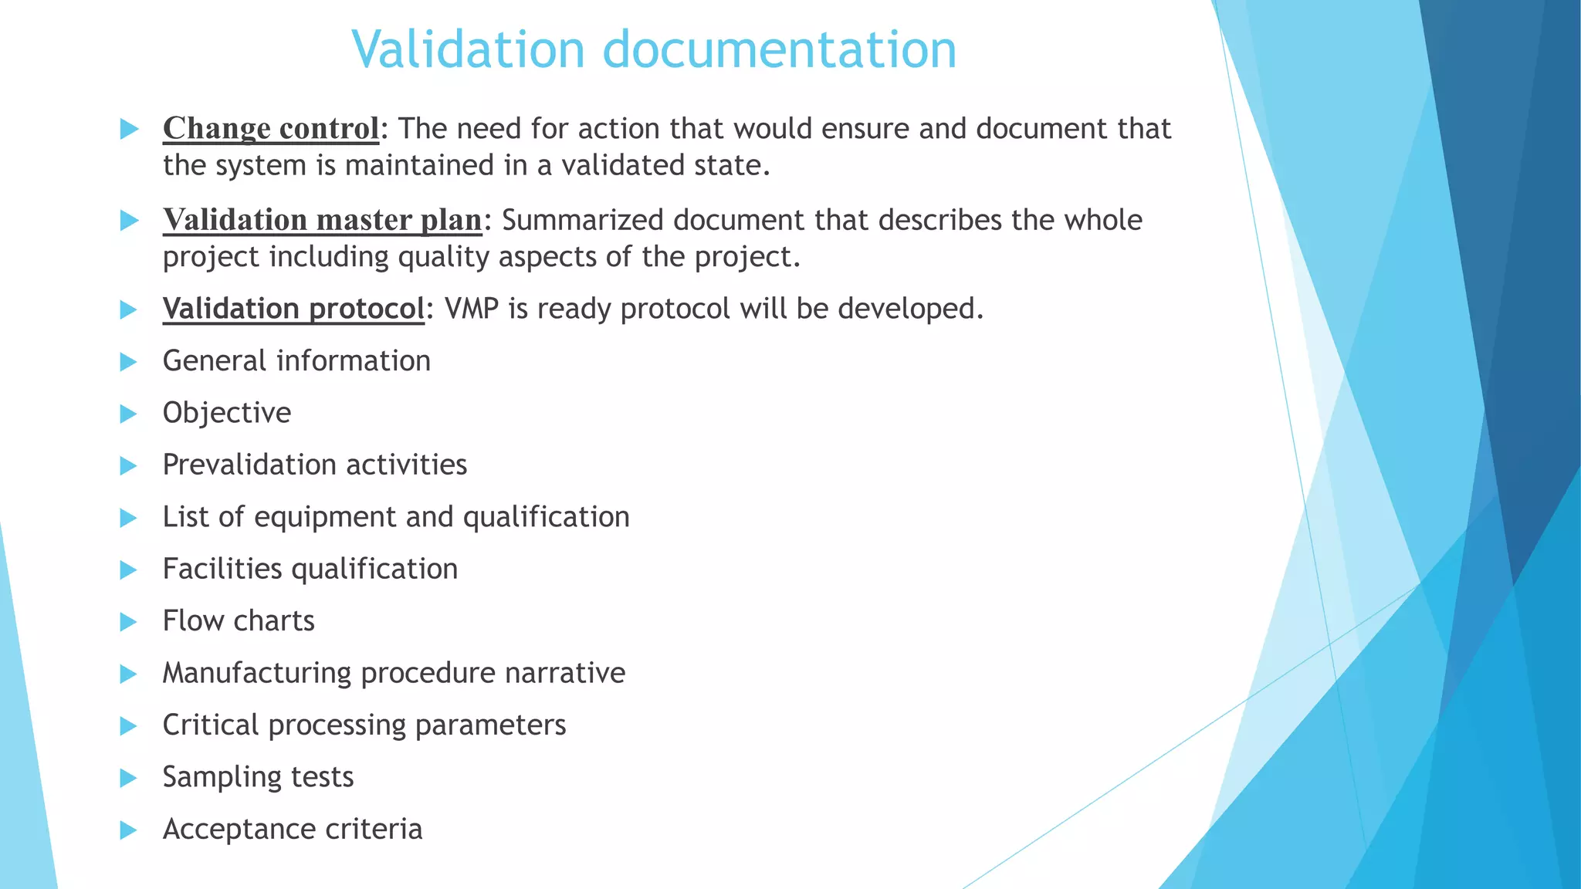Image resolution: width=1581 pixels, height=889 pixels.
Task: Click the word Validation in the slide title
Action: [x=468, y=49]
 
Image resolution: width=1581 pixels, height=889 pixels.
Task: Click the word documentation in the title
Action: [x=779, y=49]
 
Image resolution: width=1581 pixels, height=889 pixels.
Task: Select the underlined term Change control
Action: [x=271, y=129]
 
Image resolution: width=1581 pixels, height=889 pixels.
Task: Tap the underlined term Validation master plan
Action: [x=322, y=220]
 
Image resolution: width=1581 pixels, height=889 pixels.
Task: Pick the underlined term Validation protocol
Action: [x=293, y=309]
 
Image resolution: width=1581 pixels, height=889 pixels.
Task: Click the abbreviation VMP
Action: [x=471, y=309]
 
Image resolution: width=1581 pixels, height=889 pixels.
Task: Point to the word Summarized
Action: [x=582, y=220]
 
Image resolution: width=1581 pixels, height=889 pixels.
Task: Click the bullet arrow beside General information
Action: [x=129, y=362]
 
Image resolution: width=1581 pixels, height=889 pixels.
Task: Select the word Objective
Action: [x=227, y=413]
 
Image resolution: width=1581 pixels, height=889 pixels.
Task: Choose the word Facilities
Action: [x=222, y=569]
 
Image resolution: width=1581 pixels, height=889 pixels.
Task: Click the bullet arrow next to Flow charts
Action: [x=129, y=622]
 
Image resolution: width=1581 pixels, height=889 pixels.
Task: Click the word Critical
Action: [x=211, y=725]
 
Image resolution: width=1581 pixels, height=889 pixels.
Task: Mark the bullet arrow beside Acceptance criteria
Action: [x=129, y=830]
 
